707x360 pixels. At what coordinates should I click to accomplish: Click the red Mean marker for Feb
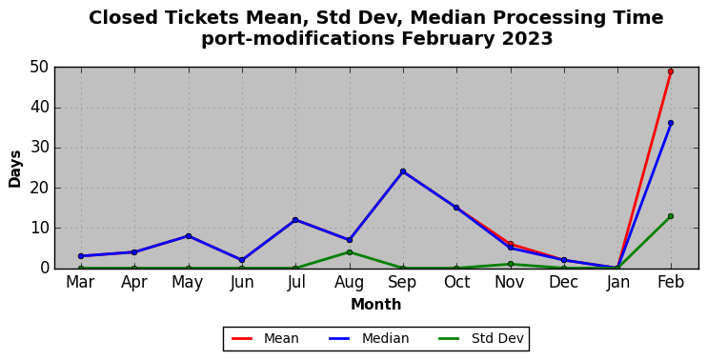coord(671,71)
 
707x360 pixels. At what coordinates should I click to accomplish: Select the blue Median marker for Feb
coord(671,123)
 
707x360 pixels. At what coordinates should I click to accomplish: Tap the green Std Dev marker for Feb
coord(671,216)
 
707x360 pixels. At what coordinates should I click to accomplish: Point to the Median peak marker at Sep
coord(403,171)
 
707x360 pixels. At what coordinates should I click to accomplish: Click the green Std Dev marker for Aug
coord(350,252)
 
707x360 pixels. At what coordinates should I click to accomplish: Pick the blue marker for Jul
coord(295,220)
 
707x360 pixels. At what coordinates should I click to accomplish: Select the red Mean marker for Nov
coord(510,244)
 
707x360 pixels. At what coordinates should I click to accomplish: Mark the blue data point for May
coord(189,236)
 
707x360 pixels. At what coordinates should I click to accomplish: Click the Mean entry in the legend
coord(265,338)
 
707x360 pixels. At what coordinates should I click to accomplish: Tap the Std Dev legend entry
coord(480,338)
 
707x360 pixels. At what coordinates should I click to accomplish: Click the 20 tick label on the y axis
coord(39,189)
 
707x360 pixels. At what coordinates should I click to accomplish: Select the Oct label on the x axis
coord(456,283)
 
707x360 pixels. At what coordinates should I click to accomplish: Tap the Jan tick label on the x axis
coord(617,283)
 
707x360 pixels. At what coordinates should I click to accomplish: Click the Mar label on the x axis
coord(80,283)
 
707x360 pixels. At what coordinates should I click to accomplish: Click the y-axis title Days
coord(15,169)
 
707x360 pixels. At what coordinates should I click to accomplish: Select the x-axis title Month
coord(376,305)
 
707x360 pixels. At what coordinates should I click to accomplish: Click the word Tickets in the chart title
coord(200,18)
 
